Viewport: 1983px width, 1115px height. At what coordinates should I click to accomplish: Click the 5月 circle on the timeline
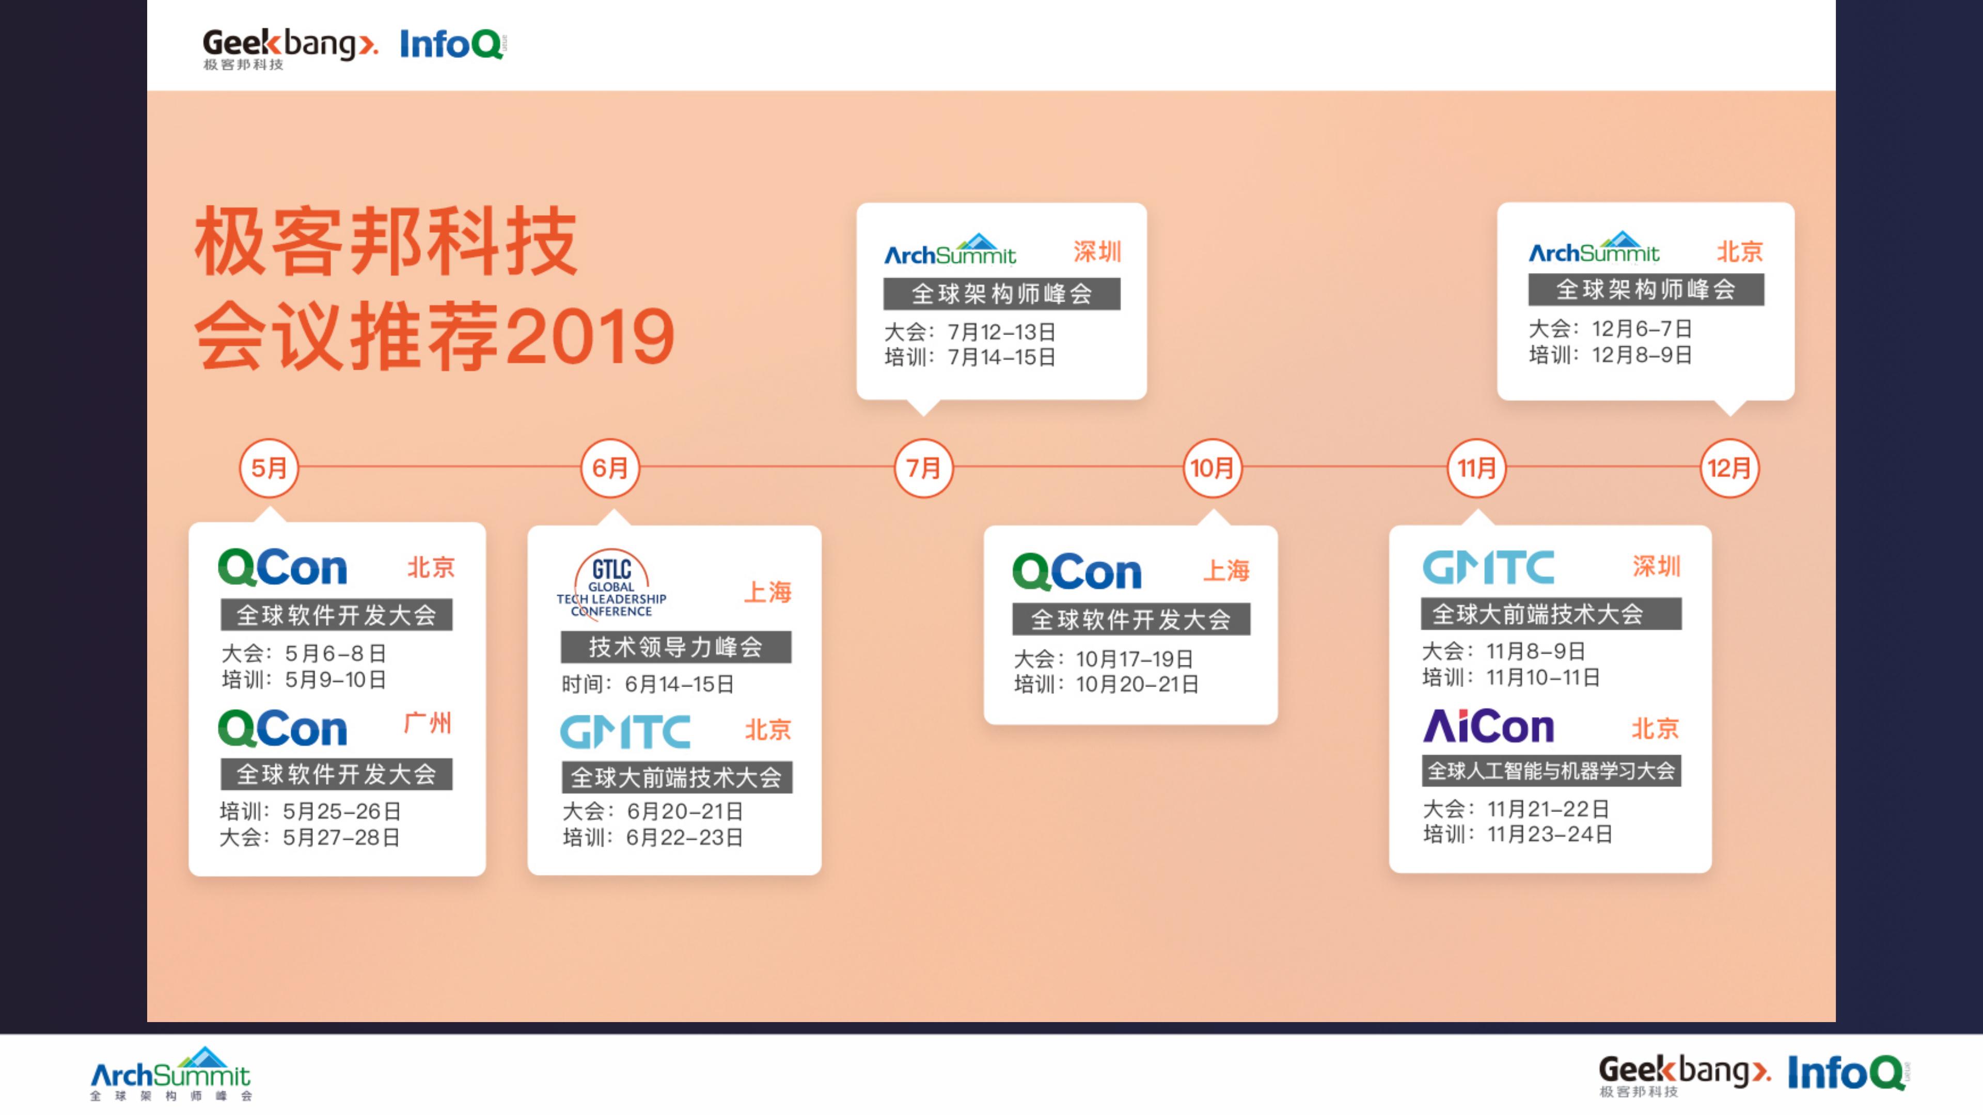pyautogui.click(x=269, y=468)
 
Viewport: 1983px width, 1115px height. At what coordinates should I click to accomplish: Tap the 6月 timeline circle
pyautogui.click(x=610, y=468)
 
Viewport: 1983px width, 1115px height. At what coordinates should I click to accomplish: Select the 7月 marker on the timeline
pyautogui.click(x=923, y=468)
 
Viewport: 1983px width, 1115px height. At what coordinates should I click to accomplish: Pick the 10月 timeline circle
pyautogui.click(x=1213, y=468)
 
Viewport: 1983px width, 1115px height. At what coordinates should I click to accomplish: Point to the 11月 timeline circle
pyautogui.click(x=1476, y=468)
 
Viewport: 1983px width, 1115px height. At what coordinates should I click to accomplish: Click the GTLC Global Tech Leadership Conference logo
pyautogui.click(x=612, y=583)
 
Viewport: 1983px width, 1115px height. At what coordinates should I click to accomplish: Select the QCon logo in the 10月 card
pyautogui.click(x=1077, y=572)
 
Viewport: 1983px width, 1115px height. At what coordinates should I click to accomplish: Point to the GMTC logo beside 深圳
pyautogui.click(x=1488, y=568)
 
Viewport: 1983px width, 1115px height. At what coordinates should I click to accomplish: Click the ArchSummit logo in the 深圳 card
pyautogui.click(x=950, y=248)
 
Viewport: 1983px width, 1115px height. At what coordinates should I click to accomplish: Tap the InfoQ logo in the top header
pyautogui.click(x=453, y=44)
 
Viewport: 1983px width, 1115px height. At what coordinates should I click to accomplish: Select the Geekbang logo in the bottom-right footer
pyautogui.click(x=1685, y=1074)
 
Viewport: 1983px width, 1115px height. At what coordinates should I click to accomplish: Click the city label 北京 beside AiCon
pyautogui.click(x=1655, y=728)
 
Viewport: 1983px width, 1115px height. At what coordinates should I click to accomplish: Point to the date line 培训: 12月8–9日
pyautogui.click(x=1611, y=355)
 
